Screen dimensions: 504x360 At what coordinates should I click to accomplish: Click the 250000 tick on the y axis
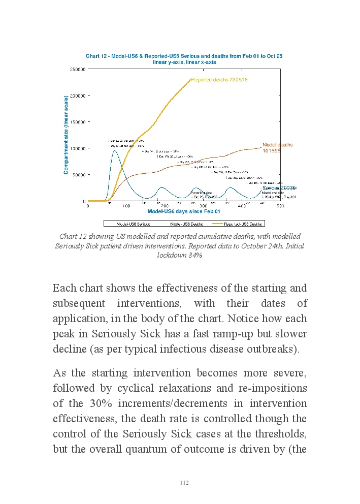click(x=78, y=69)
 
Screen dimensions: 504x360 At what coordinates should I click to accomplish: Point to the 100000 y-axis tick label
click(x=78, y=148)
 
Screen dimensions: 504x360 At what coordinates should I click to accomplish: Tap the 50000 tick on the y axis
click(x=79, y=175)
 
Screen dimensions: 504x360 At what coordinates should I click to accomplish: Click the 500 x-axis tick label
click(x=280, y=206)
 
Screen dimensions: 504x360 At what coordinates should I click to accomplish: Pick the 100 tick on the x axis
click(x=126, y=206)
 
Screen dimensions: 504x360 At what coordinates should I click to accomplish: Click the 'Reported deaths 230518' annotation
click(x=219, y=80)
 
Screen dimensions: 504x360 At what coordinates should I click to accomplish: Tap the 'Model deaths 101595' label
click(x=277, y=148)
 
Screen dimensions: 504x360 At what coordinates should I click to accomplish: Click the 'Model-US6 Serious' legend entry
click(x=133, y=224)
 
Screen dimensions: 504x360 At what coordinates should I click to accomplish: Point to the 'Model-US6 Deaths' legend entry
click(x=186, y=224)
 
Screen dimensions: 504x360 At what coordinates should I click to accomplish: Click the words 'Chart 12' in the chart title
click(x=96, y=56)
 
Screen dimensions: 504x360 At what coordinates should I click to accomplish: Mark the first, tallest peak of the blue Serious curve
click(x=115, y=150)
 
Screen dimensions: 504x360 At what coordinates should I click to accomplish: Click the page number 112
click(x=184, y=483)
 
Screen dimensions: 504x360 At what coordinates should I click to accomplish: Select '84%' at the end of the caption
click(x=195, y=256)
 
